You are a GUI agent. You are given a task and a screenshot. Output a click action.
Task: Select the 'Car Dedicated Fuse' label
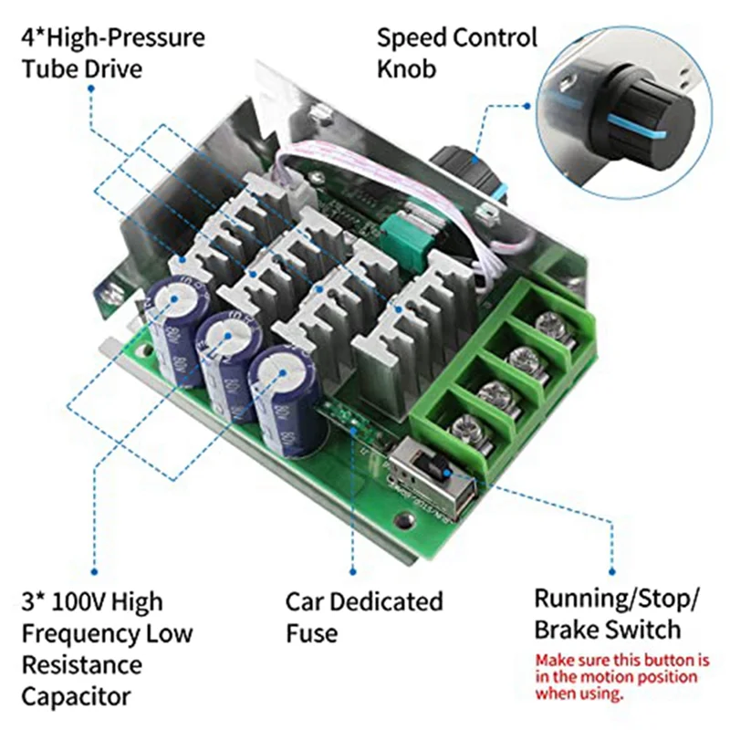point(364,617)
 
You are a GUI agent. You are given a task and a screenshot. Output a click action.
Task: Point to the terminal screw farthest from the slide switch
point(549,322)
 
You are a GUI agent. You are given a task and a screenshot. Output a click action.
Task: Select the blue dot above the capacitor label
point(92,563)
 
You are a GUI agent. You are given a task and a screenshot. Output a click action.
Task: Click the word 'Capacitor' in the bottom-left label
point(76,697)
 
